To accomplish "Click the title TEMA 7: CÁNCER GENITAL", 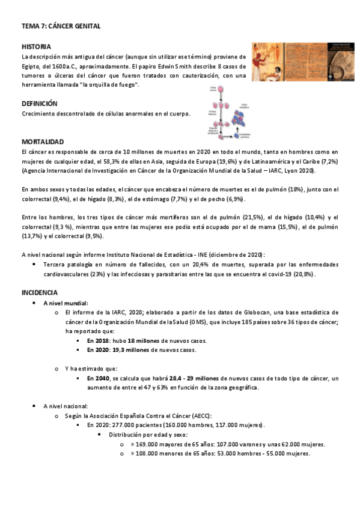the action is click(x=61, y=26).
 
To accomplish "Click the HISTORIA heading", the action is click(x=36, y=46).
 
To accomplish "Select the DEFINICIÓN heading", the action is click(x=39, y=103).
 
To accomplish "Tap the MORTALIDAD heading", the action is click(x=42, y=142).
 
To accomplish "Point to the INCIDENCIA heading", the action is click(x=40, y=292).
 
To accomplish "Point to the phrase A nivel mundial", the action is click(x=66, y=303).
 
